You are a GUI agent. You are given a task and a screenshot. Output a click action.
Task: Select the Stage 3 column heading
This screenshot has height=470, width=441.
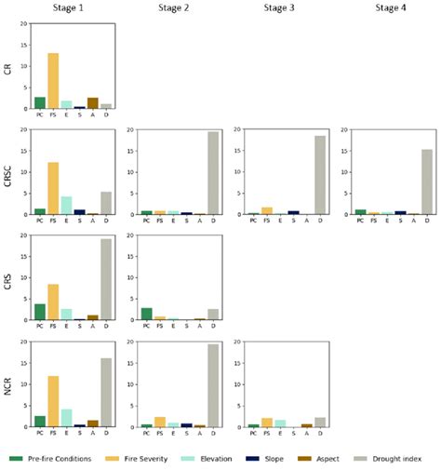click(280, 8)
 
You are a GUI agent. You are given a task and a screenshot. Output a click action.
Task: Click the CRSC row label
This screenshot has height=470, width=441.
click(8, 172)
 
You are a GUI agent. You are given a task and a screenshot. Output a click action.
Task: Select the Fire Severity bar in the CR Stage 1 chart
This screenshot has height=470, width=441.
click(53, 81)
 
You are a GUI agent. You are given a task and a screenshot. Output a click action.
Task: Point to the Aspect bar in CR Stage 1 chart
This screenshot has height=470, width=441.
click(92, 103)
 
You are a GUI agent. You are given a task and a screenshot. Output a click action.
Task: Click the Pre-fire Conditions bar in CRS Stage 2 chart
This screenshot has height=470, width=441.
click(147, 314)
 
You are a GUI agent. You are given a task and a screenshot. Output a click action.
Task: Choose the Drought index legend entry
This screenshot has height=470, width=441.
click(395, 459)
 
